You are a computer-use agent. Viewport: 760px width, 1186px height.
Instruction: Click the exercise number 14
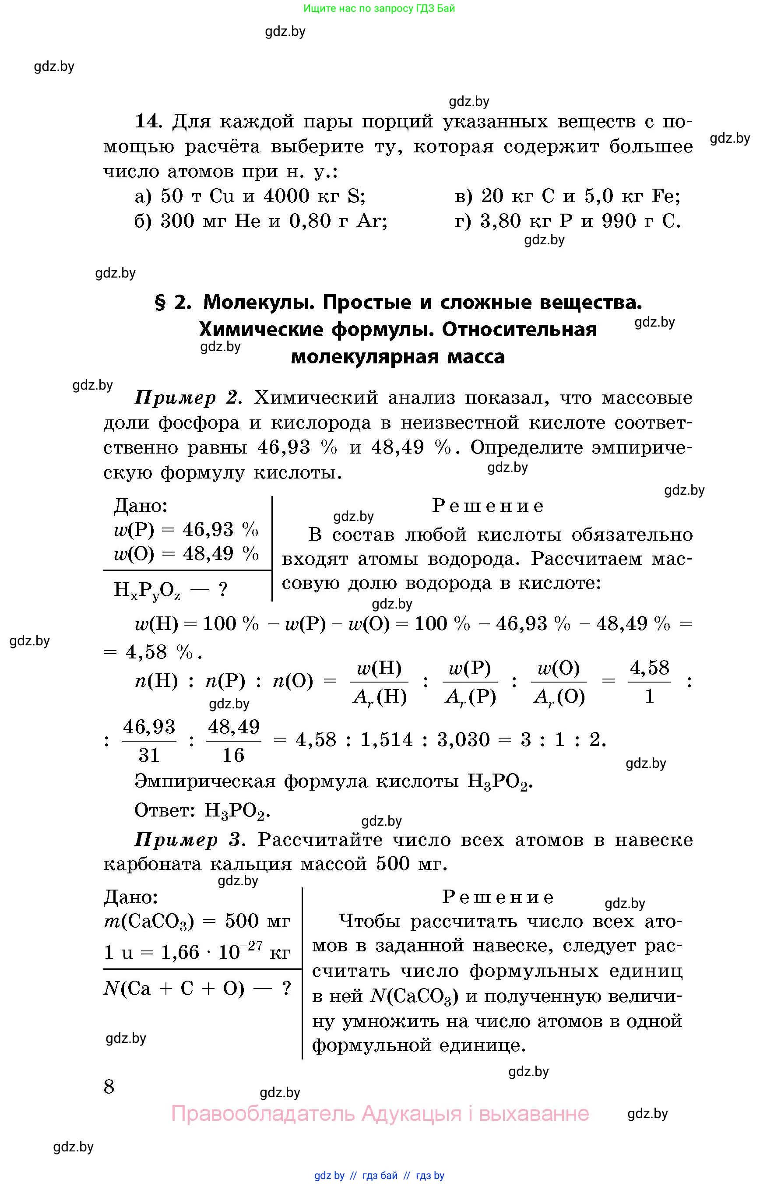coord(148,121)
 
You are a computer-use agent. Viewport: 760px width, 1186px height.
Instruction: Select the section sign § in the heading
coord(160,303)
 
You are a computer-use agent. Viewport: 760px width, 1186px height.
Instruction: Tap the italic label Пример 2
coord(188,398)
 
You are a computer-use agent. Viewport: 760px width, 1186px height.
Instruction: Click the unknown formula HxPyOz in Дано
coord(147,590)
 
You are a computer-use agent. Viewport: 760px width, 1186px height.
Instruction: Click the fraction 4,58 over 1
coord(649,682)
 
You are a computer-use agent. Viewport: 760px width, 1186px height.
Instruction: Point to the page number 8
coord(109,1086)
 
